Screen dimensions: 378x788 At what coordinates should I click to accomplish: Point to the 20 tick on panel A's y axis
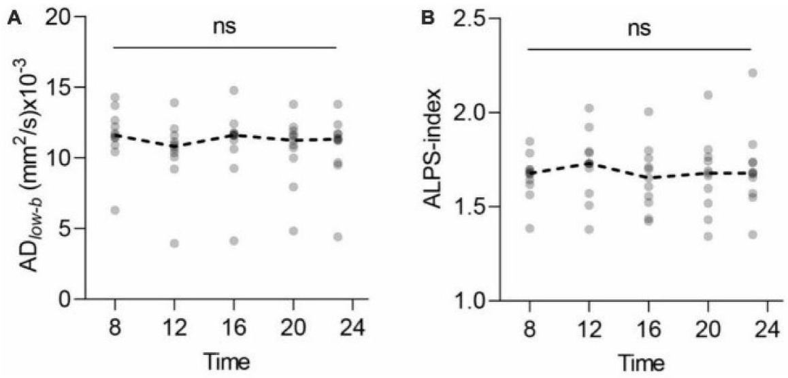[x=60, y=18]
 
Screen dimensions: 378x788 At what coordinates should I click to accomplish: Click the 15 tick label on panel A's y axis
[x=60, y=88]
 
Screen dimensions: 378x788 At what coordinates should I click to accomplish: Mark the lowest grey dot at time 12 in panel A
[x=174, y=243]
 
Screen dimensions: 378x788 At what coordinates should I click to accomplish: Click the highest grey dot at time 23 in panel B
[x=752, y=73]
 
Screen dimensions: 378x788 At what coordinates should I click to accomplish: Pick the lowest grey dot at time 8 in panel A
[x=115, y=210]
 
